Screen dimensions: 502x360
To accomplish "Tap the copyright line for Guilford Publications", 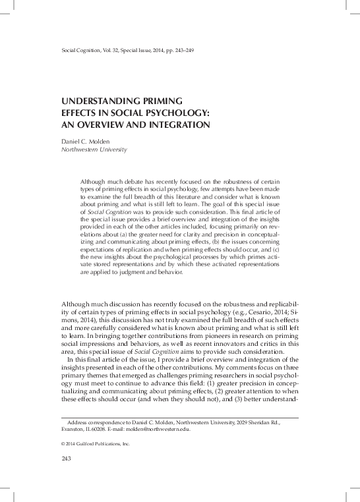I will tap(95, 444).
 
